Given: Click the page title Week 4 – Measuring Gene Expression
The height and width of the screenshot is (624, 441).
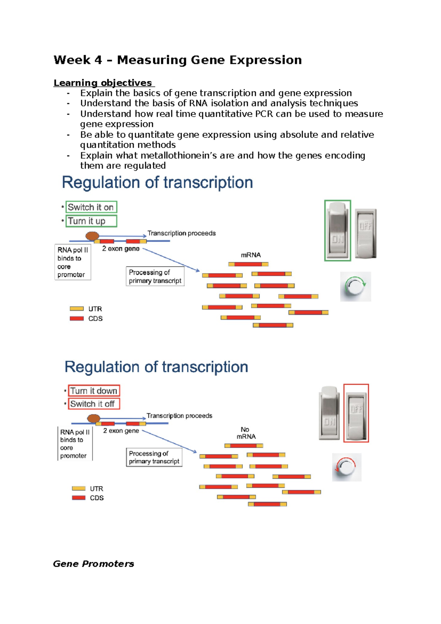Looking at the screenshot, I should pyautogui.click(x=178, y=60).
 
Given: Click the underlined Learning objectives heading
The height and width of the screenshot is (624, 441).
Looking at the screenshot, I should pyautogui.click(x=103, y=83).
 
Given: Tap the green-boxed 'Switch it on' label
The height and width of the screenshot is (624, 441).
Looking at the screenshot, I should pyautogui.click(x=91, y=207).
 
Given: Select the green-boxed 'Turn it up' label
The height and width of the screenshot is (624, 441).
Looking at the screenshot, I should pyautogui.click(x=91, y=221).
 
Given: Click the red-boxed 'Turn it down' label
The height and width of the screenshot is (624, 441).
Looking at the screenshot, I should pyautogui.click(x=94, y=391).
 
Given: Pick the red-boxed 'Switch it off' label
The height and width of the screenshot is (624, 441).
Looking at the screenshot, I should pyautogui.click(x=94, y=404).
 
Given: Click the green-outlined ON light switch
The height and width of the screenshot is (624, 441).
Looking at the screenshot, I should pyautogui.click(x=337, y=231).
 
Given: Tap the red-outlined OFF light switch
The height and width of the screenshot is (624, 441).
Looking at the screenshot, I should pyautogui.click(x=356, y=413).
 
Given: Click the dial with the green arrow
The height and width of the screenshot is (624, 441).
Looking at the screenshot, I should pyautogui.click(x=355, y=287).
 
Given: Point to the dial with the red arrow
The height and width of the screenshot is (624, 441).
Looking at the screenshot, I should pyautogui.click(x=346, y=467).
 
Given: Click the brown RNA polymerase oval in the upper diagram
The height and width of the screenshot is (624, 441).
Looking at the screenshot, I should pyautogui.click(x=92, y=236).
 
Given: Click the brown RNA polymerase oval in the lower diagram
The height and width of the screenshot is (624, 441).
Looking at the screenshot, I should pyautogui.click(x=94, y=418).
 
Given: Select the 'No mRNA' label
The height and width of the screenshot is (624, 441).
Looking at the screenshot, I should pyautogui.click(x=246, y=433).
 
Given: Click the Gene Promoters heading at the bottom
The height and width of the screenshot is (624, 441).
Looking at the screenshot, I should pyautogui.click(x=93, y=564).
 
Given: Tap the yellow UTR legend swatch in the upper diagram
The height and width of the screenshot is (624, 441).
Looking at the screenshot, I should pyautogui.click(x=76, y=309).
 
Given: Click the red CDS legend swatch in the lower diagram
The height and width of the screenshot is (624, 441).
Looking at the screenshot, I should pyautogui.click(x=79, y=498).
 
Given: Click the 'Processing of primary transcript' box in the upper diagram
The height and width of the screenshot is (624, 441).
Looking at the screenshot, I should pyautogui.click(x=155, y=276).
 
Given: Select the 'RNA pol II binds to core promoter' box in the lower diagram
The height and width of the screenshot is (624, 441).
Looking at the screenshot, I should pyautogui.click(x=75, y=444).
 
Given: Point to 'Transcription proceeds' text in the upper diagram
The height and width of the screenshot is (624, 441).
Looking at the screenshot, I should pyautogui.click(x=182, y=233).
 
